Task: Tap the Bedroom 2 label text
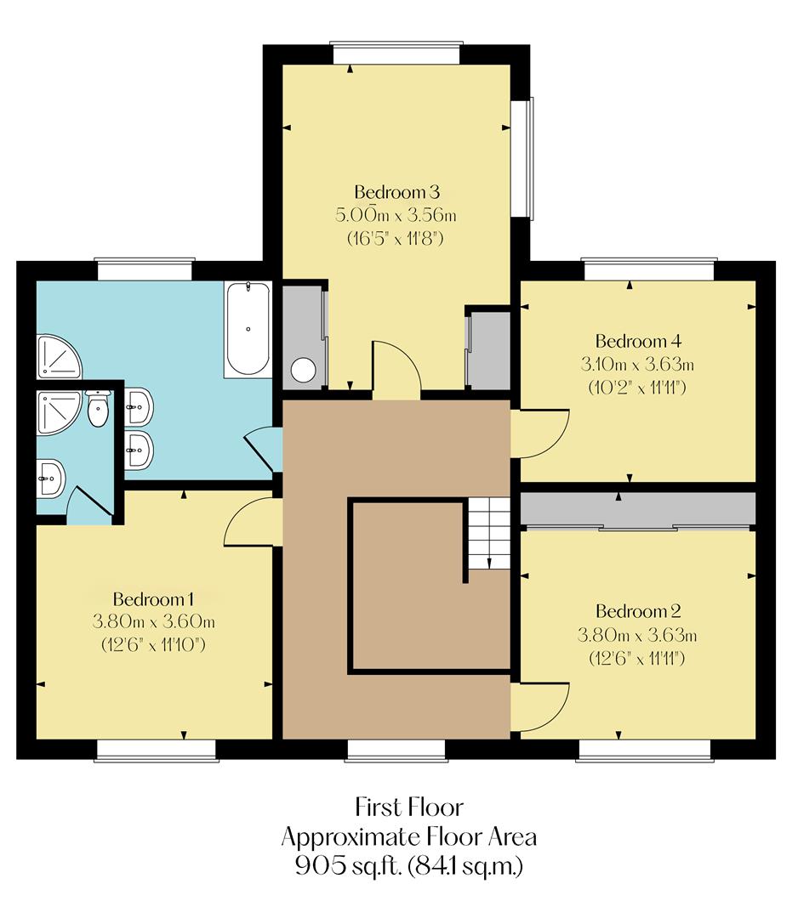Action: point(638,611)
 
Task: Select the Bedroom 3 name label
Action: point(396,190)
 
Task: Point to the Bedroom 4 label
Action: point(638,342)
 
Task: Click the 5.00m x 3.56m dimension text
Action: point(396,214)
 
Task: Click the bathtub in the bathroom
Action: point(248,330)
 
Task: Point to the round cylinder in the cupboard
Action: point(303,370)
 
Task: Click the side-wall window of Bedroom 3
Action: point(528,157)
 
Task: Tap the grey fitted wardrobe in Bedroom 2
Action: point(638,508)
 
